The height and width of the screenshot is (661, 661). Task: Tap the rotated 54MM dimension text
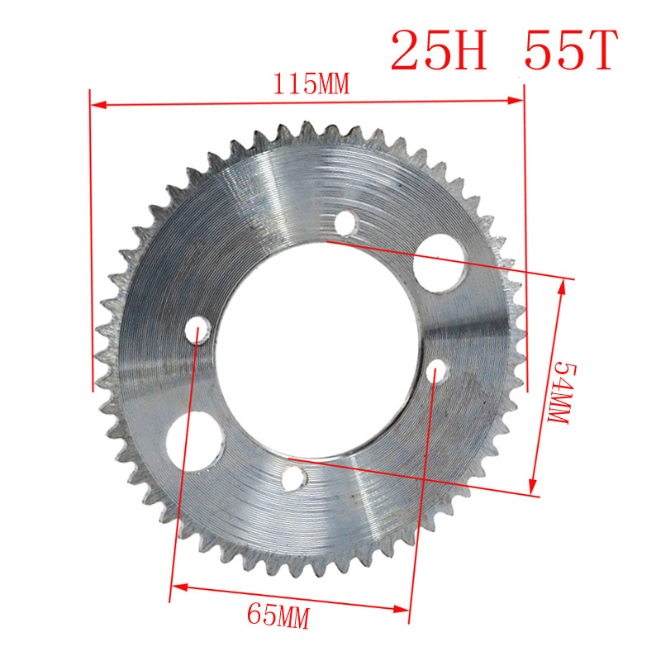click(x=561, y=393)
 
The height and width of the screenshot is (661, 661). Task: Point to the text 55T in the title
click(x=570, y=51)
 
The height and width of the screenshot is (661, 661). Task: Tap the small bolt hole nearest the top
click(x=346, y=222)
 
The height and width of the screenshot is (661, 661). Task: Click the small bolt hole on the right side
click(x=437, y=372)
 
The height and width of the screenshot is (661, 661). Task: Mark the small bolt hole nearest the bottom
click(x=293, y=479)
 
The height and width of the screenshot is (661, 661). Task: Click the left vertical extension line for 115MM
click(x=90, y=248)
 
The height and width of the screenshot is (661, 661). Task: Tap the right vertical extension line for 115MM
click(x=524, y=207)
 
